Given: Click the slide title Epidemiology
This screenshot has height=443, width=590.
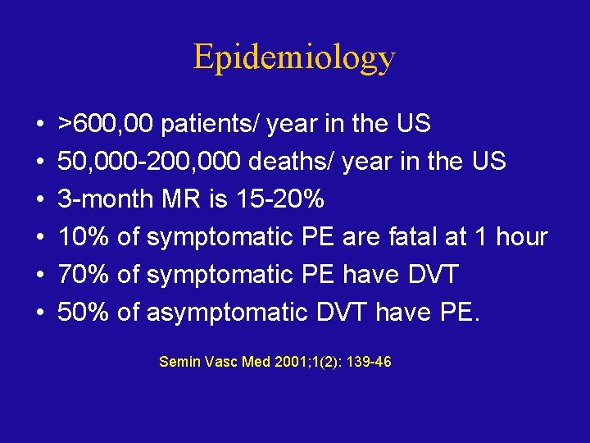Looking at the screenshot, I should (294, 57).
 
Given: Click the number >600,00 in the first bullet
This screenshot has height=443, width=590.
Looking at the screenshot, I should (106, 125).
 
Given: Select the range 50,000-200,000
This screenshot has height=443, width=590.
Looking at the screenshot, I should (148, 162).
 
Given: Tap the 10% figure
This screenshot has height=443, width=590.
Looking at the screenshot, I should (83, 237).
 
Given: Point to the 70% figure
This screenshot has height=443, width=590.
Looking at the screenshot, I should (83, 274).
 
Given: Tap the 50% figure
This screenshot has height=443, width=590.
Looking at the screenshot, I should (83, 312).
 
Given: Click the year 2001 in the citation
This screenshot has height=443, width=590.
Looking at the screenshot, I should (295, 361).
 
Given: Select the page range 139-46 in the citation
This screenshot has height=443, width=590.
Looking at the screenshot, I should (368, 361).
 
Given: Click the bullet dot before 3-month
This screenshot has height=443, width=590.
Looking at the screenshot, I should (40, 200).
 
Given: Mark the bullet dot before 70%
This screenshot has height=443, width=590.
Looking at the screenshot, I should (40, 275).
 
